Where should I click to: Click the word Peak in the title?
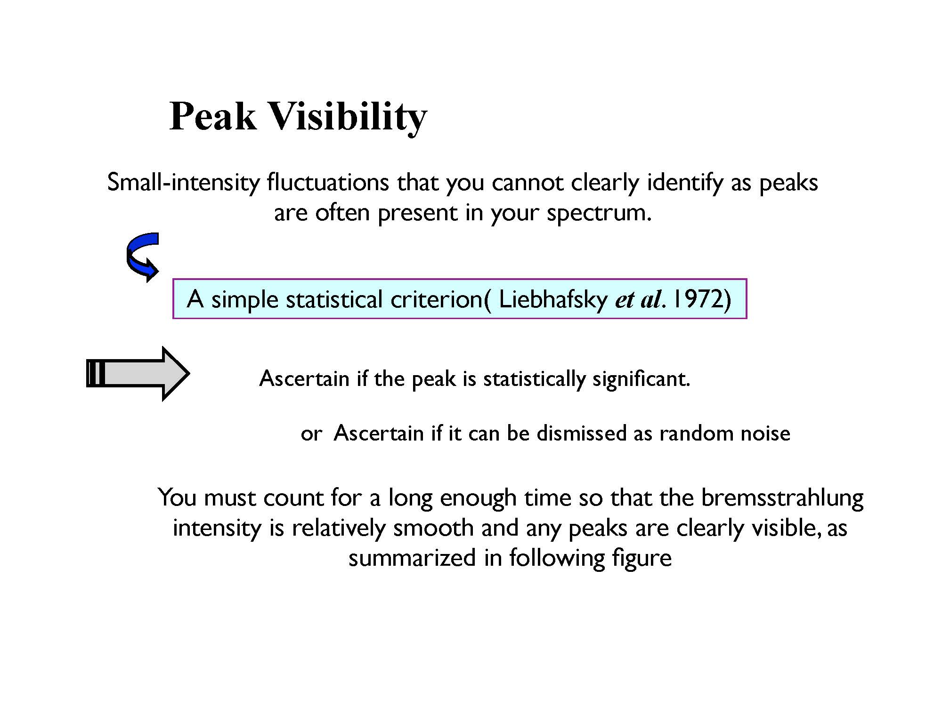coord(213,116)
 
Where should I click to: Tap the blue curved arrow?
coord(142,257)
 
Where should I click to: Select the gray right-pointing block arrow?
coord(138,374)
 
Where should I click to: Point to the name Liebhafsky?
coord(553,300)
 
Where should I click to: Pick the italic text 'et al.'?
coord(641,300)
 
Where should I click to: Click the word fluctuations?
coord(328,182)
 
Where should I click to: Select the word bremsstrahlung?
coord(782,498)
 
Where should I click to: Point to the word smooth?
coord(434,528)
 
